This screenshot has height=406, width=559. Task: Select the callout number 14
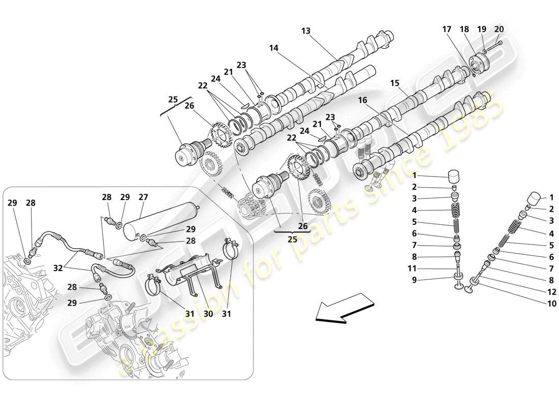tap(274, 48)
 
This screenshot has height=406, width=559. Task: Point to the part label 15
tap(395, 83)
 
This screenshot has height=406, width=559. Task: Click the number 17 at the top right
tap(447, 29)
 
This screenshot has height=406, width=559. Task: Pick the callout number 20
tap(499, 29)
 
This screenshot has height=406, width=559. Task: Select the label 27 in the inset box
tap(143, 197)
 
